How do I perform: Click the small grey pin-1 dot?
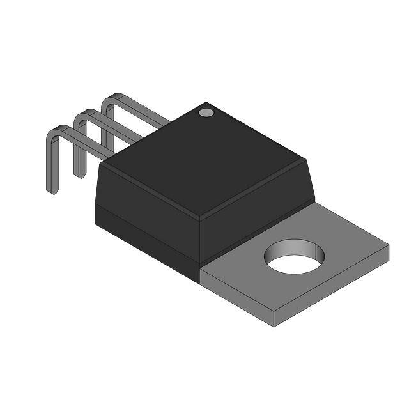coord(206,113)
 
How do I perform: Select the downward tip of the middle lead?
coord(78,174)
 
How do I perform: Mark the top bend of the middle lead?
coord(81,116)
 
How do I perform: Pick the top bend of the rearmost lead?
coord(110,100)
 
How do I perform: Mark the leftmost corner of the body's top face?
coord(102,164)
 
